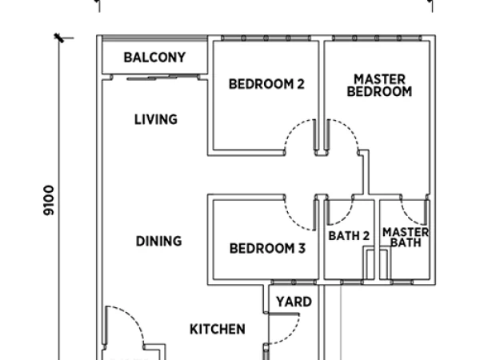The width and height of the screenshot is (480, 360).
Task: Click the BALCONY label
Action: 154,58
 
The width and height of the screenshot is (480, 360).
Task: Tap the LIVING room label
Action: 156,119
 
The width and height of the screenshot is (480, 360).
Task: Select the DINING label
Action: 158,242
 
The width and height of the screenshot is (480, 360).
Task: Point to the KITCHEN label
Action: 218,330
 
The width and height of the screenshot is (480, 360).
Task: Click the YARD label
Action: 294,302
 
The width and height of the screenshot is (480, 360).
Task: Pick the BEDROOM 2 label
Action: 266,84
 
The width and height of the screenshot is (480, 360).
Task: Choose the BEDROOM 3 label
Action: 267,248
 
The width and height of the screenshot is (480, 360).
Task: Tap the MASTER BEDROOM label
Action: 379,86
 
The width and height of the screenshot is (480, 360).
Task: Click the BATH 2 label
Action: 349,236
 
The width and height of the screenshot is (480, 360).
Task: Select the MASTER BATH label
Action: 406,238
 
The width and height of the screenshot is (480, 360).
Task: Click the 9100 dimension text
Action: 49,200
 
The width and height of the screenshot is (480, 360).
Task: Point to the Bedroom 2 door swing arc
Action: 292,128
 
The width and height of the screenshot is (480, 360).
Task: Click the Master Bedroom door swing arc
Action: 350,128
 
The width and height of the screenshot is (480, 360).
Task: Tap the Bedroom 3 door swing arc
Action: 292,221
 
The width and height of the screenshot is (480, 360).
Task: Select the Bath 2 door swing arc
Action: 346,218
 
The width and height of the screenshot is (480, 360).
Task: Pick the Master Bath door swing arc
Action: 407,218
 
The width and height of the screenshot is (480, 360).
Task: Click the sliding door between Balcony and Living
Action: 162,77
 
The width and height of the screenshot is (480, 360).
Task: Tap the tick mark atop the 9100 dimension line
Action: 59,38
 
